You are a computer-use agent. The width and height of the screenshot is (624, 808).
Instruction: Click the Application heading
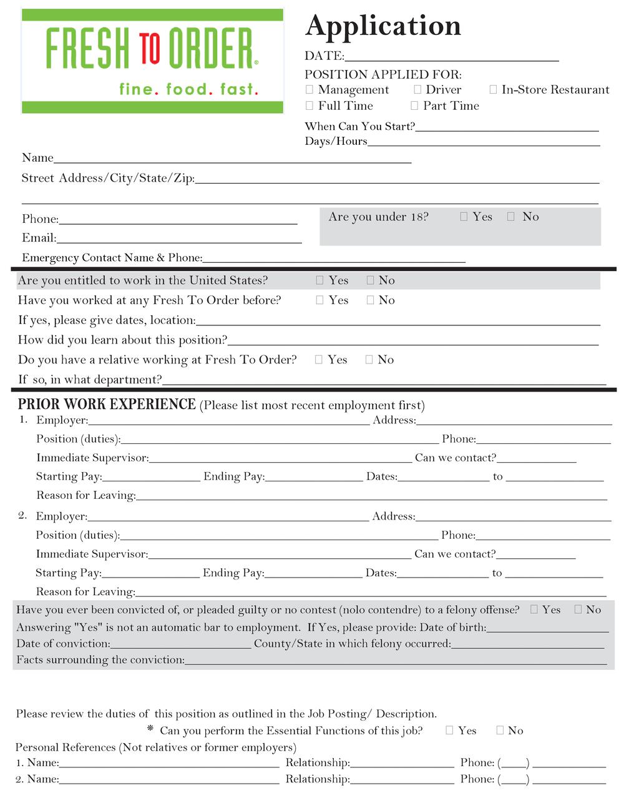[383, 26]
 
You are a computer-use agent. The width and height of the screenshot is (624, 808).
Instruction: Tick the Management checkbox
[310, 89]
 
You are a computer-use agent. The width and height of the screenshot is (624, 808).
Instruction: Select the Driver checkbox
[417, 89]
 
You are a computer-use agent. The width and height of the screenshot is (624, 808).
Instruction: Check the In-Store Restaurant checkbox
[493, 89]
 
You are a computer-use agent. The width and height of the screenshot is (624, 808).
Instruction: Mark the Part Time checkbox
[414, 106]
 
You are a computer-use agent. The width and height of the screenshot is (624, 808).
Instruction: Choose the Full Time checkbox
[310, 106]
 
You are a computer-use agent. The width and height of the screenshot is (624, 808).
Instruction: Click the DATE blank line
[451, 57]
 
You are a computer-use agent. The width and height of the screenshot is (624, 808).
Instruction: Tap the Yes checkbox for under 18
[464, 216]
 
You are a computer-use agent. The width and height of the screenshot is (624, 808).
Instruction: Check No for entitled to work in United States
[370, 280]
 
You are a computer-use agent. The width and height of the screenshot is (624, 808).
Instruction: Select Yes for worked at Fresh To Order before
[319, 300]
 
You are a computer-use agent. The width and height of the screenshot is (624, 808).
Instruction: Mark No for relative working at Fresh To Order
[369, 359]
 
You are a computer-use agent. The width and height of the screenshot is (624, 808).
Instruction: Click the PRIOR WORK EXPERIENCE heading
[107, 405]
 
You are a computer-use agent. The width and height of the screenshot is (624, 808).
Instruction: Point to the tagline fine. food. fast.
[188, 89]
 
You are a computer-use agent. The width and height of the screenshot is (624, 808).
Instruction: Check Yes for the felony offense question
[534, 609]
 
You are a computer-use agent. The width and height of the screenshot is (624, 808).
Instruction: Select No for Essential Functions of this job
[499, 730]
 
